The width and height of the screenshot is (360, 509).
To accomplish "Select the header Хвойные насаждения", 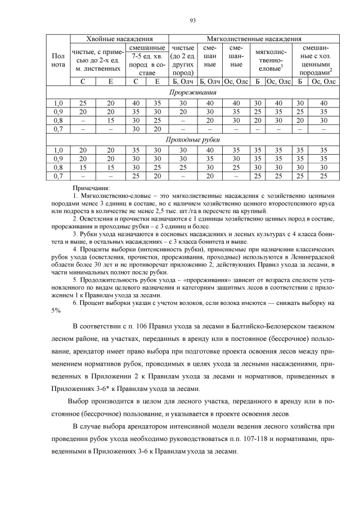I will (119, 39).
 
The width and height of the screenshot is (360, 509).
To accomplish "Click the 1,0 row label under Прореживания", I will (58, 103).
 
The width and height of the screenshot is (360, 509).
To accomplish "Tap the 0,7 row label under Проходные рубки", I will (58, 176).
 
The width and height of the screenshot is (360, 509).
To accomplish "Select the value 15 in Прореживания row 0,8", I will (110, 120).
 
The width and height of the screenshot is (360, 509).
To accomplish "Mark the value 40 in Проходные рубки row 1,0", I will (210, 151).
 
